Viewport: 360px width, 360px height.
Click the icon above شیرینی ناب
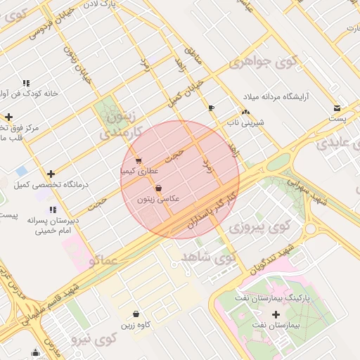click(245, 112)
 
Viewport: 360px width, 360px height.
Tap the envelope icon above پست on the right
click(338, 108)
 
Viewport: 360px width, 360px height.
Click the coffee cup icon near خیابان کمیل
click(211, 108)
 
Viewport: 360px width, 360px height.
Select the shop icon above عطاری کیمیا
click(139, 160)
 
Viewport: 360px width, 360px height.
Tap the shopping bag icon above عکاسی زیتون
click(158, 188)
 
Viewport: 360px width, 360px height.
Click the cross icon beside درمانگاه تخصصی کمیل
click(51, 174)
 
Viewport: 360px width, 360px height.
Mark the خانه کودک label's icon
click(27, 83)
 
